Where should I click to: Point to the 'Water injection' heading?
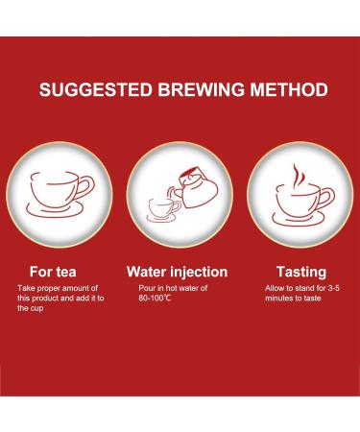(178, 272)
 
